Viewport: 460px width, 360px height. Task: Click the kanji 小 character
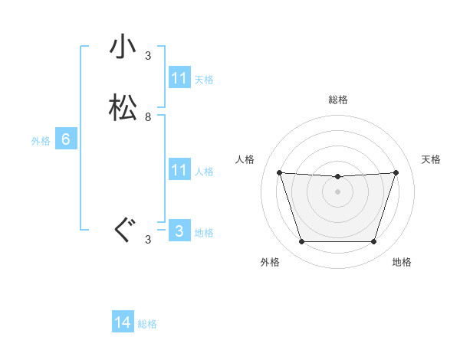point(123,48)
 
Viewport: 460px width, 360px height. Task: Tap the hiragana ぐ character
point(123,230)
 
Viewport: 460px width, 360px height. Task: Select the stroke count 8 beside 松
point(148,117)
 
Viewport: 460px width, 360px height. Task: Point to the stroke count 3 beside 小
point(148,56)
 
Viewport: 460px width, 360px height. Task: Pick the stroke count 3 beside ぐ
point(148,240)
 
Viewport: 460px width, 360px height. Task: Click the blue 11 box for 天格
point(179,78)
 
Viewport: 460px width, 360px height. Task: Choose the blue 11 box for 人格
point(179,170)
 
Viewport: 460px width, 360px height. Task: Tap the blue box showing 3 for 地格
point(179,231)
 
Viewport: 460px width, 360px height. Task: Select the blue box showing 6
point(66,139)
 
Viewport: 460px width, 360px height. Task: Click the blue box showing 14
point(123,322)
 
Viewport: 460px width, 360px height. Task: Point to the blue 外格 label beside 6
point(41,141)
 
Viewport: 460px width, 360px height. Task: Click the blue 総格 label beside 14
point(147,324)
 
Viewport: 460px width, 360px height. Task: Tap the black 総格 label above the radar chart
point(337,100)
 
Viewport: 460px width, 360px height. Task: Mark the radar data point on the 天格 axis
point(396,172)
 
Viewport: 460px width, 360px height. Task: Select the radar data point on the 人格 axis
point(279,172)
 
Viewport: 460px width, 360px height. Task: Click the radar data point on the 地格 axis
point(373,242)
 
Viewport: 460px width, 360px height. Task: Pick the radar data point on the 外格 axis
point(301,242)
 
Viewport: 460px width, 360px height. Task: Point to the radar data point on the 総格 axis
point(337,177)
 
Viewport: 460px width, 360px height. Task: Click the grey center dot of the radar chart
point(337,191)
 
